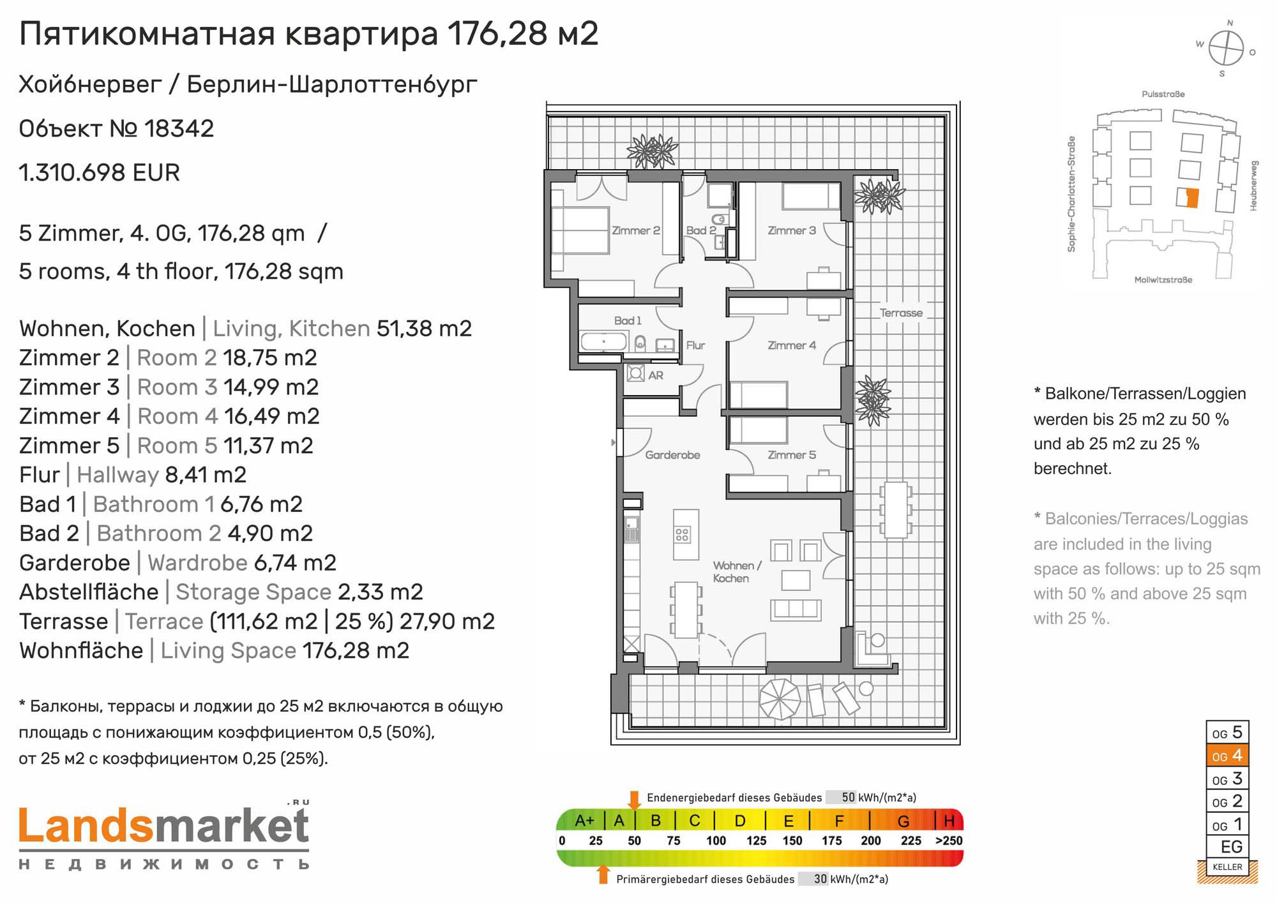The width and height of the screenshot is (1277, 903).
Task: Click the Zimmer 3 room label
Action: [791, 230]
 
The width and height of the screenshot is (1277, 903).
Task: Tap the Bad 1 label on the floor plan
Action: [628, 320]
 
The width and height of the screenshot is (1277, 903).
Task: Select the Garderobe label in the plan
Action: [672, 455]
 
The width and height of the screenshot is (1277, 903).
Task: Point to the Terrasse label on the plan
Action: [901, 313]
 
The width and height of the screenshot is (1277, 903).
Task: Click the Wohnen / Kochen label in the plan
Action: [737, 572]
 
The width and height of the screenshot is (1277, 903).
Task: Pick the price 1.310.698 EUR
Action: [100, 173]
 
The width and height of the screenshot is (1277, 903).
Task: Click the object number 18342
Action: [179, 129]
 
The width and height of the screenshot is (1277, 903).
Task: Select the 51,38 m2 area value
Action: [424, 329]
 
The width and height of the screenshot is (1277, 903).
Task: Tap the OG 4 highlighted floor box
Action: [1227, 756]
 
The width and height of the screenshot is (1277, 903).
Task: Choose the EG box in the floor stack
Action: [1227, 847]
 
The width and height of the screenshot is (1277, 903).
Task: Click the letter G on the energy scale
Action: [903, 821]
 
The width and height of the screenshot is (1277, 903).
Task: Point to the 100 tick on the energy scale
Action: [716, 841]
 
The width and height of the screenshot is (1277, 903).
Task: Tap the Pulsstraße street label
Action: [1163, 94]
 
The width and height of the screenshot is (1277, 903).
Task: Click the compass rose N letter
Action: [1230, 23]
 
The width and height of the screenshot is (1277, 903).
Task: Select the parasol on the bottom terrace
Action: [779, 699]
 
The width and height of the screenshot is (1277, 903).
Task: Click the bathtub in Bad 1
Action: [603, 341]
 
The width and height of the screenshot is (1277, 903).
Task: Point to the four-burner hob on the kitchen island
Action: [682, 534]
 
